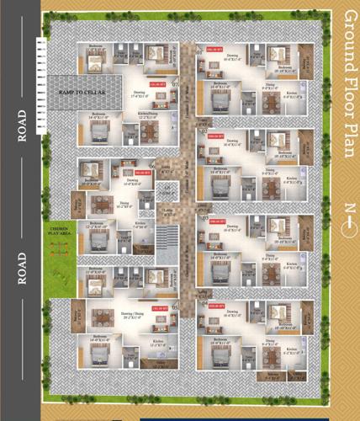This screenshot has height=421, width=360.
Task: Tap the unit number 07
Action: click(175, 85)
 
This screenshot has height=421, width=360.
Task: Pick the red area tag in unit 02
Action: click(214, 135)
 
